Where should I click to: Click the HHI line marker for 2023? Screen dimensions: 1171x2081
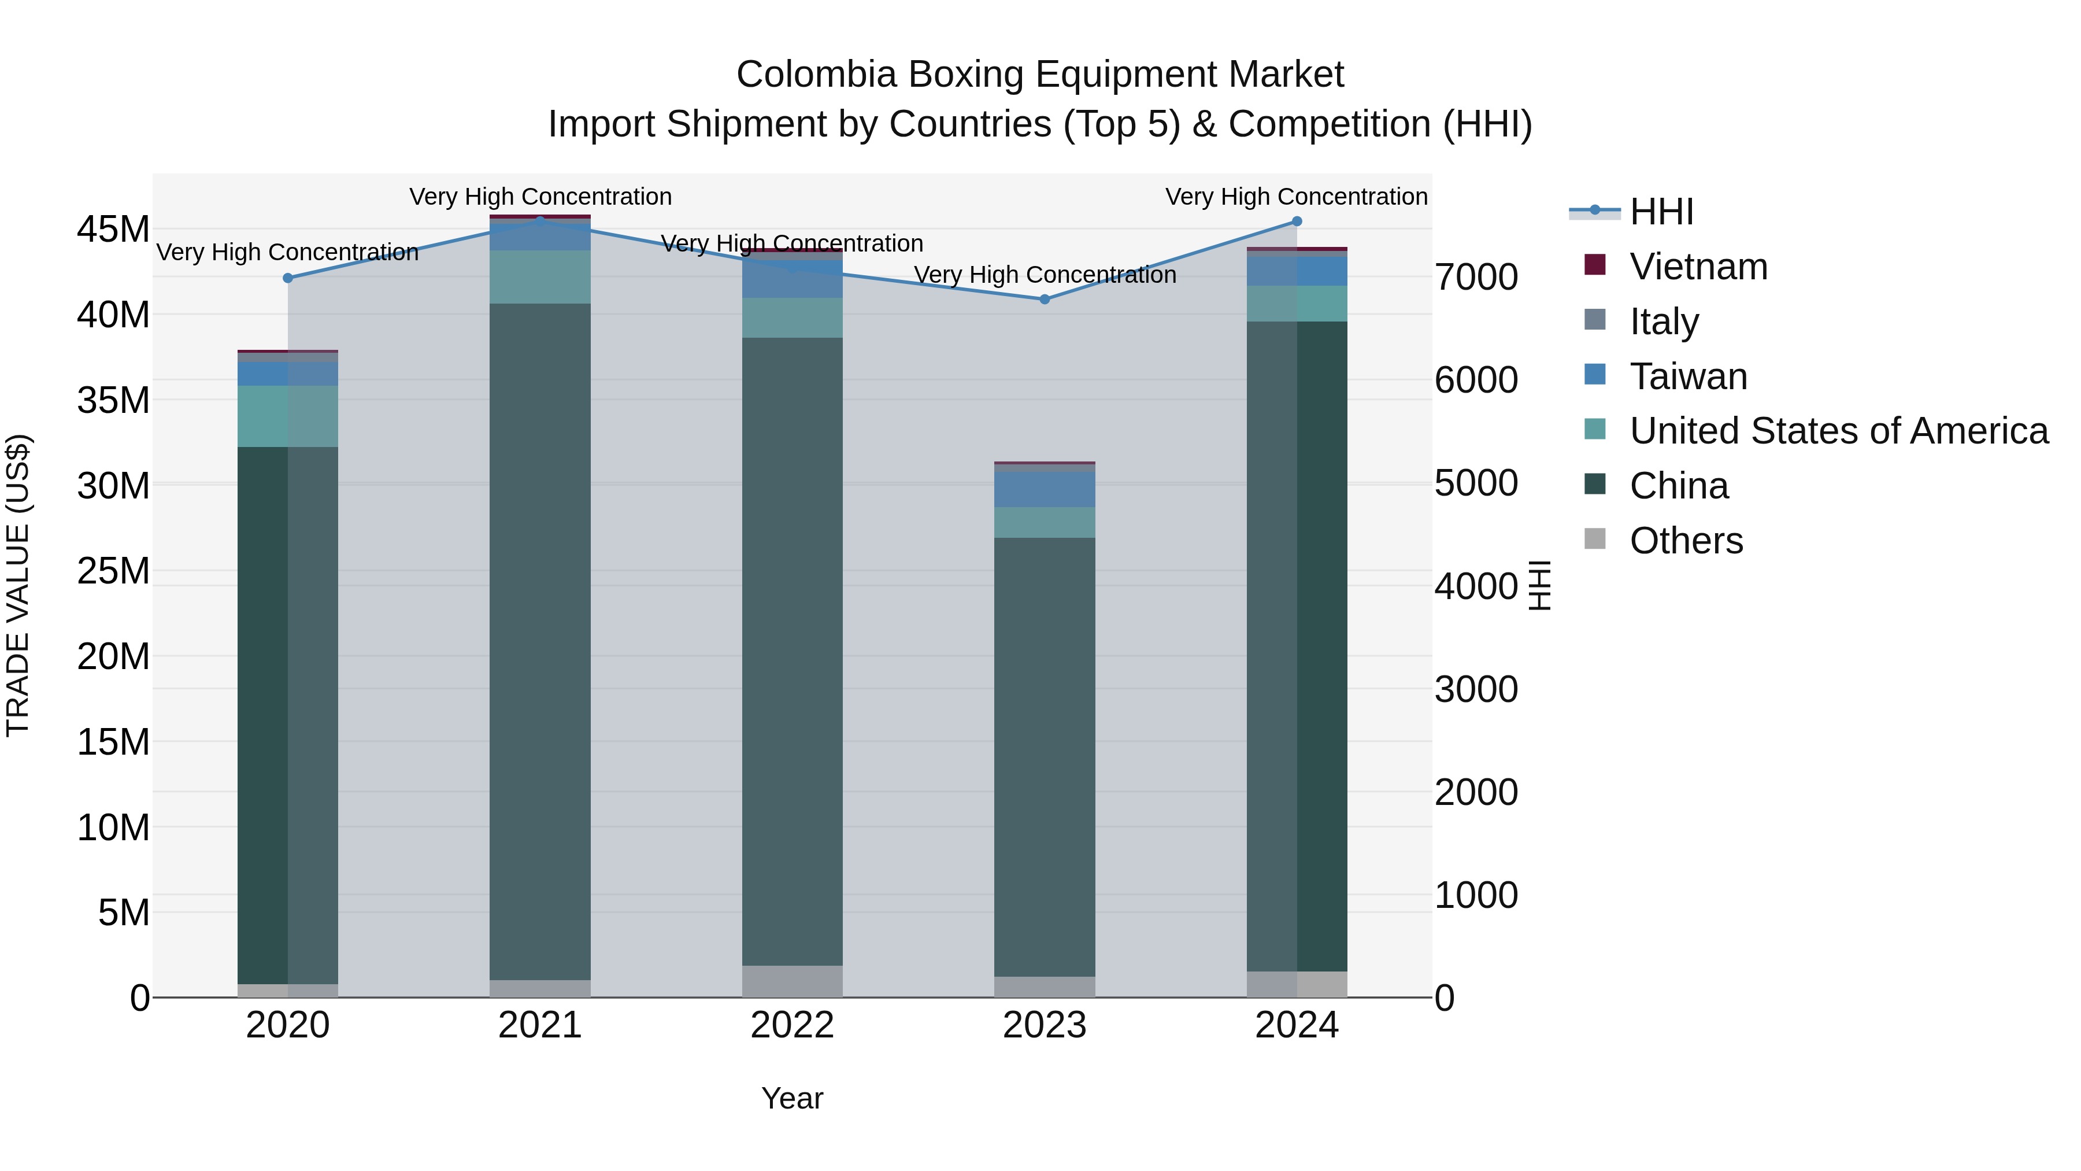[x=1044, y=299]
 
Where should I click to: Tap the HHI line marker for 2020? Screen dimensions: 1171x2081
[x=288, y=278]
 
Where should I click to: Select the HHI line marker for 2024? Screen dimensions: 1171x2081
[x=1297, y=221]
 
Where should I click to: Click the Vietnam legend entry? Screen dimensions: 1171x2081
[x=1698, y=267]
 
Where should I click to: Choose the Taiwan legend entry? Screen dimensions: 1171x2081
[x=1689, y=376]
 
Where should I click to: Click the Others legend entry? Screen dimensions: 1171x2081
[x=1686, y=541]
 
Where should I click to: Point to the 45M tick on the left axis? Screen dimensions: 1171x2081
[x=113, y=230]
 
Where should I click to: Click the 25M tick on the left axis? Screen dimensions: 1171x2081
[x=113, y=571]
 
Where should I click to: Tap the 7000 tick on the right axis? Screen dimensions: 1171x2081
[x=1476, y=277]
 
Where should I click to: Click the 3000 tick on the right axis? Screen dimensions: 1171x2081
[x=1476, y=689]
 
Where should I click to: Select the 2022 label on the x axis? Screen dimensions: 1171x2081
[x=792, y=1025]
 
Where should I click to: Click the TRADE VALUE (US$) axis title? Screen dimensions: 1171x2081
[x=18, y=585]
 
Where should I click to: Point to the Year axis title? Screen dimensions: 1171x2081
[x=792, y=1098]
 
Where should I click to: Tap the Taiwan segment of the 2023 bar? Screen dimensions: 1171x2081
[x=1044, y=490]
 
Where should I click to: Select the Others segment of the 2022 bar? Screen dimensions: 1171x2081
[x=792, y=981]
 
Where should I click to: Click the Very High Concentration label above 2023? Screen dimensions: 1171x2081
[x=1044, y=275]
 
